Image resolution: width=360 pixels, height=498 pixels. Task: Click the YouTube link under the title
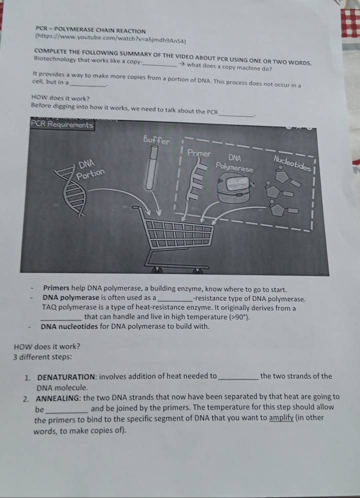[110, 38]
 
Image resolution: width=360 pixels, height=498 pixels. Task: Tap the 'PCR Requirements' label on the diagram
[62, 124]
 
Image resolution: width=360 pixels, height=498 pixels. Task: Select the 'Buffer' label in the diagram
[156, 140]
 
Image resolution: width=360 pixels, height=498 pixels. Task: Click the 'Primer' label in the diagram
[199, 153]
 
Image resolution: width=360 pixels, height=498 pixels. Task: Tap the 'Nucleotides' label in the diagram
[292, 162]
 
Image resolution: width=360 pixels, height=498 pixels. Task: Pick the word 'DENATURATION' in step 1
[66, 377]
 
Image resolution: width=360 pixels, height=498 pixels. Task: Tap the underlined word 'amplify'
[281, 417]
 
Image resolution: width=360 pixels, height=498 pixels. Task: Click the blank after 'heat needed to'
[238, 378]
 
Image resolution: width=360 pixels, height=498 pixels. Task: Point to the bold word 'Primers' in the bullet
[56, 288]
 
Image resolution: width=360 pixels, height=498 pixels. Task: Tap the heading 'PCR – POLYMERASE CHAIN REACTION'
[91, 30]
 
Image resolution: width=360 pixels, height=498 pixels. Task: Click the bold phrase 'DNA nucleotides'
[69, 326]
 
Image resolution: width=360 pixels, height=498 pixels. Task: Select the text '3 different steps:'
[43, 357]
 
